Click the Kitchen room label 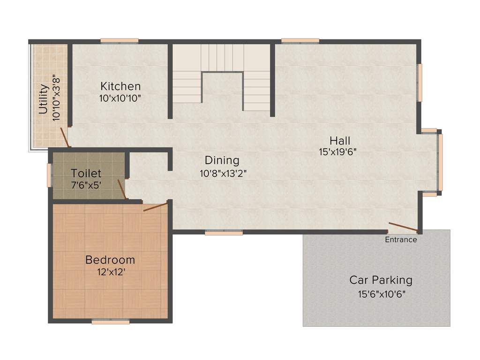pos(120,86)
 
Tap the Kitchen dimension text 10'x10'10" pos(120,98)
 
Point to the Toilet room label pos(86,173)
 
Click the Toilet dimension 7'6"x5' pos(86,185)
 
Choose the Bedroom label pos(110,260)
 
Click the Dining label pos(222,160)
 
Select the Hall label pos(340,140)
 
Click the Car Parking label pos(381,280)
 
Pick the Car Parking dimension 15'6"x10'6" pos(380,294)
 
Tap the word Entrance pos(401,240)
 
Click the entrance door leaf pos(403,227)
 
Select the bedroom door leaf pos(155,207)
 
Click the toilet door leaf pos(122,189)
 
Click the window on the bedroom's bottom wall pos(111,322)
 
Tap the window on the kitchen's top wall pos(120,41)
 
